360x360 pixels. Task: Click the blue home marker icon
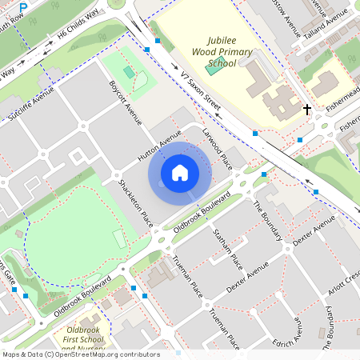click(x=180, y=173)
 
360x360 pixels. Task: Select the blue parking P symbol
click(x=23, y=7)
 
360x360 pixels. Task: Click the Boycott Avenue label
click(x=126, y=102)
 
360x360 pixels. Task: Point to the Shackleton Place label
click(x=135, y=203)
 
